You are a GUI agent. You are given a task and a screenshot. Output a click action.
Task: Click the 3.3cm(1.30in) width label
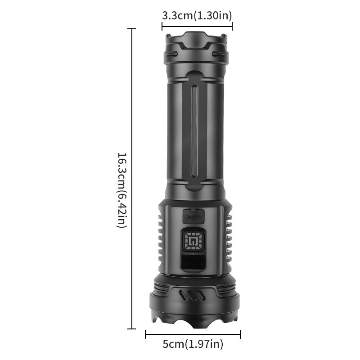(197, 15)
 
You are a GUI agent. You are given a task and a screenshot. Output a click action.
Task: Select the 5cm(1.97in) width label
(193, 345)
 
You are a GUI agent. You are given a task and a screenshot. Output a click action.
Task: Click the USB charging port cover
(193, 216)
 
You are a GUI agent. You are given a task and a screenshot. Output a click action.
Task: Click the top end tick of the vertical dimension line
(132, 29)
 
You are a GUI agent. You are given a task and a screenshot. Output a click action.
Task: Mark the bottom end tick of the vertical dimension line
(132, 329)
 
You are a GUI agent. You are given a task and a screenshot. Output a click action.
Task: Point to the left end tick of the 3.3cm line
(162, 26)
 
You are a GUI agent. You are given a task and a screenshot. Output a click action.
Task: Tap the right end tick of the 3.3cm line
(232, 26)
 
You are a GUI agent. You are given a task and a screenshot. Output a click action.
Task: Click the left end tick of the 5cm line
(145, 334)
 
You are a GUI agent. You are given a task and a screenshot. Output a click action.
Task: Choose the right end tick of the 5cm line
(240, 334)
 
